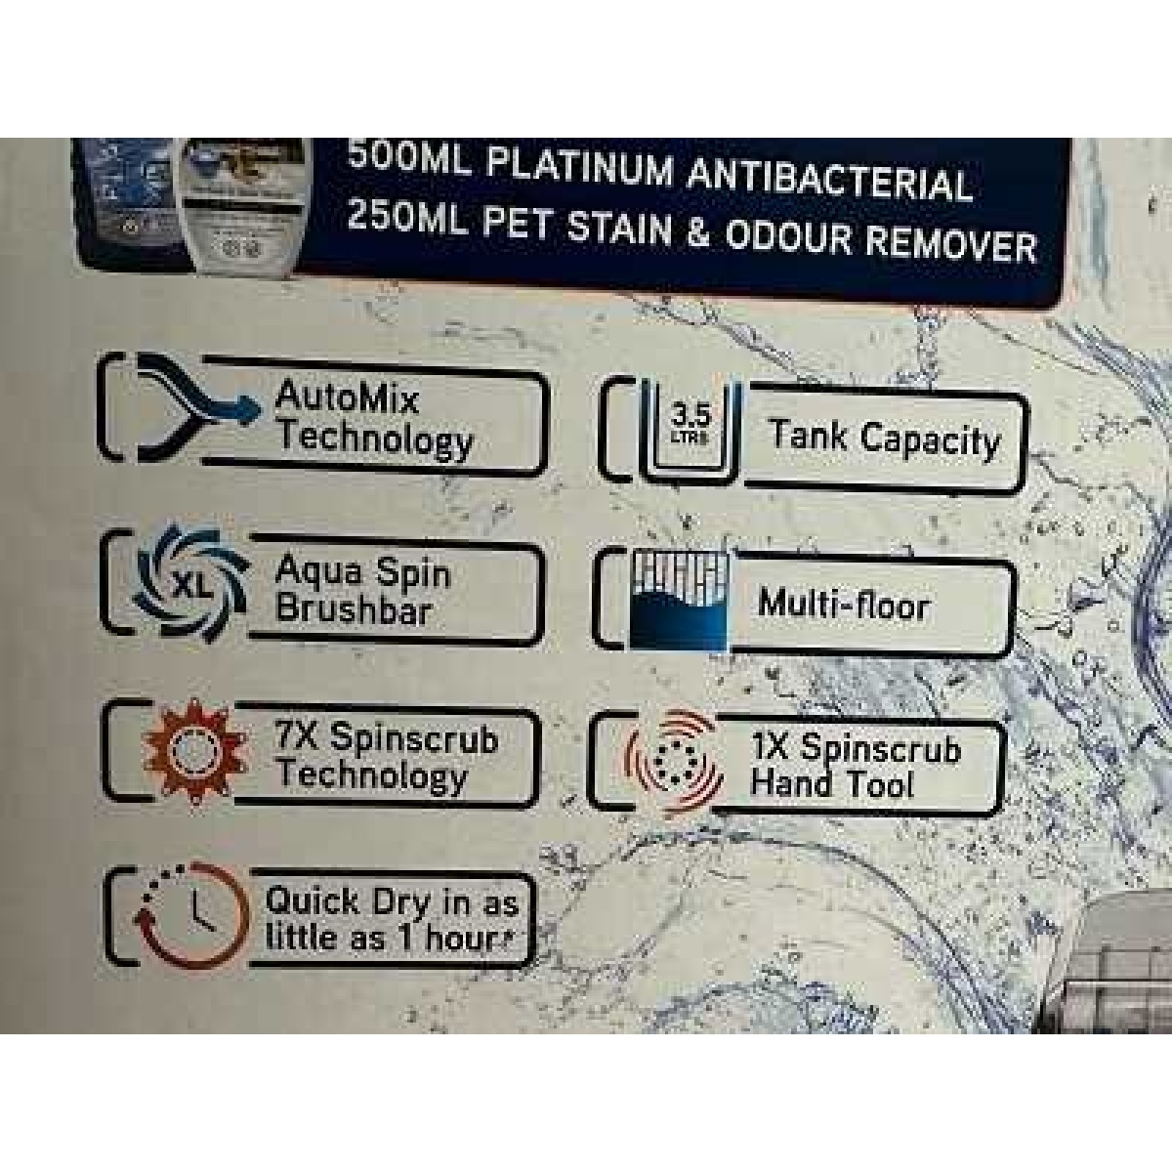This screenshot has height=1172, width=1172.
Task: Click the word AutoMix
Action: (x=347, y=398)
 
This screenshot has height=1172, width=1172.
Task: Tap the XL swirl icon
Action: (x=189, y=584)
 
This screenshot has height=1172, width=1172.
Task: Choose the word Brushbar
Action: (x=354, y=608)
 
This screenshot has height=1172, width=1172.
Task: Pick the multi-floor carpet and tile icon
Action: (x=678, y=600)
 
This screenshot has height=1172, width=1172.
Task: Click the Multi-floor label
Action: (x=844, y=605)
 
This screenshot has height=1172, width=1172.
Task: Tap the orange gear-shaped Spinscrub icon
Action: (x=194, y=752)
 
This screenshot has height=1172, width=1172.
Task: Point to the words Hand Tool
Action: (x=832, y=782)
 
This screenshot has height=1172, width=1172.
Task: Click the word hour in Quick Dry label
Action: (x=465, y=938)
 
